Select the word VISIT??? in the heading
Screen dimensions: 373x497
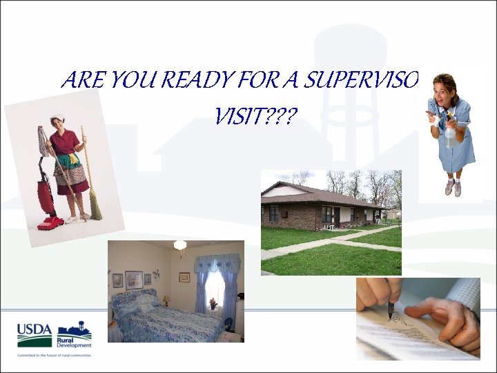point(252,118)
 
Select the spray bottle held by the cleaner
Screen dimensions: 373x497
point(450,131)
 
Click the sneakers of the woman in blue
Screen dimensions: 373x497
point(452,187)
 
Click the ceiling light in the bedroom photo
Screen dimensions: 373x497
point(180,245)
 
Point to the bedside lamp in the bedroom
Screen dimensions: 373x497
point(166,300)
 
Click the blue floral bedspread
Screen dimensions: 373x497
point(166,323)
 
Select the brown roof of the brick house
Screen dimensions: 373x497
point(324,195)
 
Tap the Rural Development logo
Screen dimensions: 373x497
point(75,334)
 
